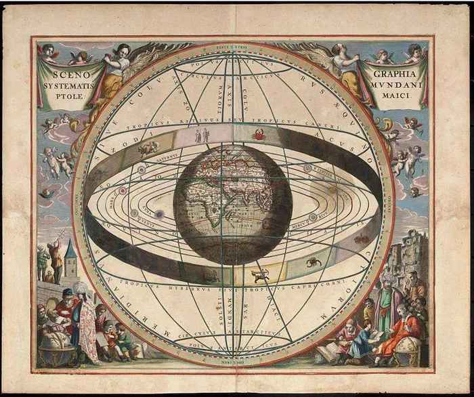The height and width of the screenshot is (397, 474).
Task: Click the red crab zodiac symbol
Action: [x=259, y=134]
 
